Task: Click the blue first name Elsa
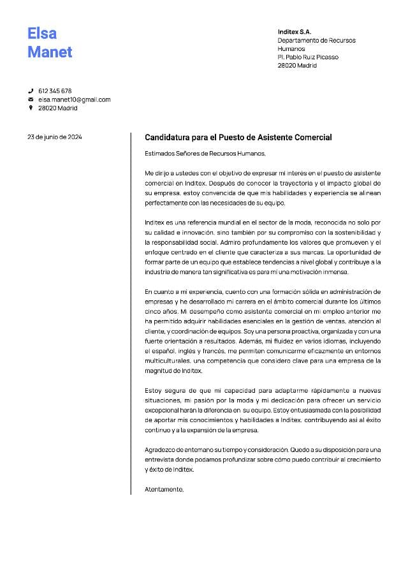pyautogui.click(x=42, y=33)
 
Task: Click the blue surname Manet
pyautogui.click(x=50, y=52)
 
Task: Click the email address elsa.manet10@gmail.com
pyautogui.click(x=75, y=99)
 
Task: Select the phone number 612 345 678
pyautogui.click(x=55, y=91)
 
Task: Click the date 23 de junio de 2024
pyautogui.click(x=54, y=137)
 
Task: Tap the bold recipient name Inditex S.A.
pyautogui.click(x=295, y=32)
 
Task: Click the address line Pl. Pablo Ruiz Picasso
pyautogui.click(x=308, y=57)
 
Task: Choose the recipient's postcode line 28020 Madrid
pyautogui.click(x=297, y=66)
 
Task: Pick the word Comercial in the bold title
pyautogui.click(x=312, y=138)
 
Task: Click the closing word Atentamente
pyautogui.click(x=164, y=490)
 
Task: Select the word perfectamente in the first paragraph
pyautogui.click(x=166, y=203)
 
